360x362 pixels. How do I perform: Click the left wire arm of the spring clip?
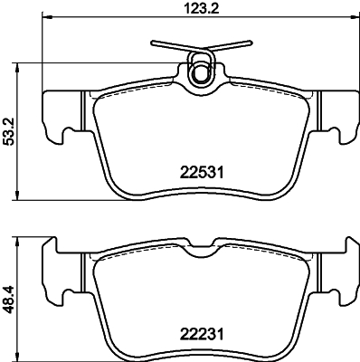(170, 45)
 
